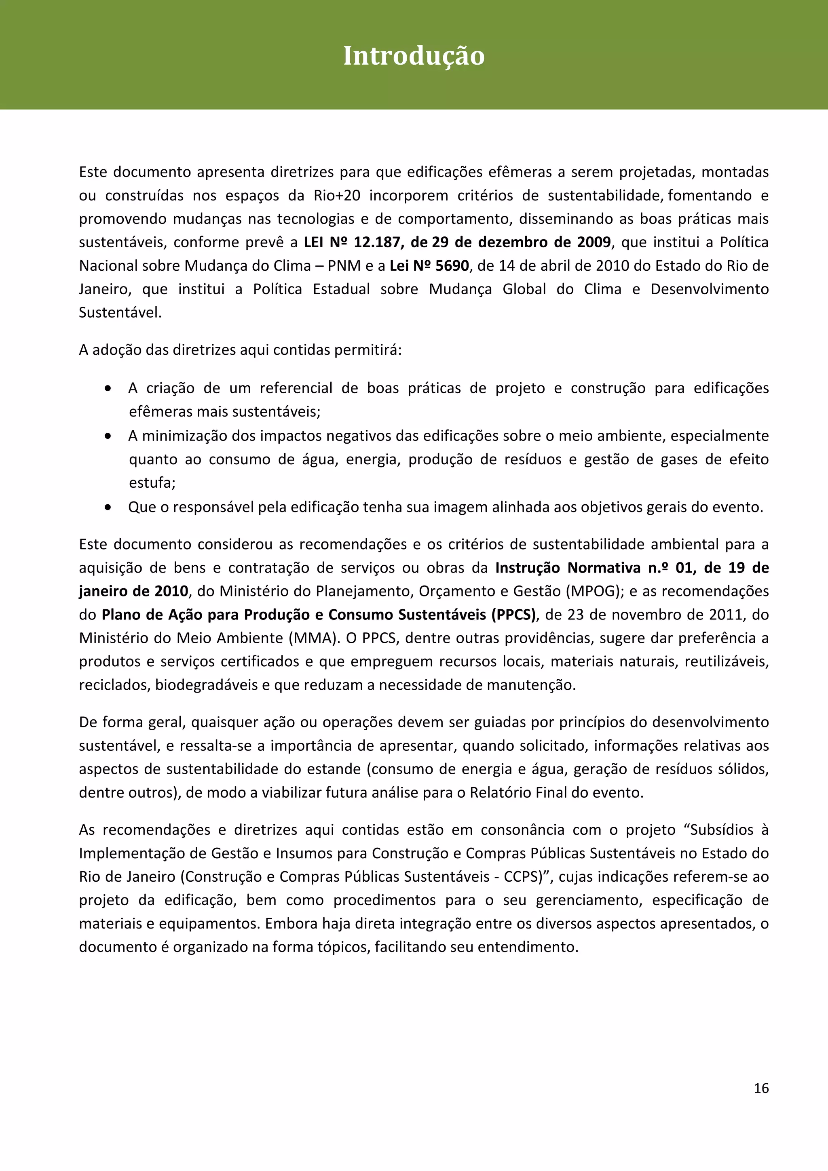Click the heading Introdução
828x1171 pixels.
pyautogui.click(x=414, y=56)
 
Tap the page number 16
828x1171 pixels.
pyautogui.click(x=760, y=1088)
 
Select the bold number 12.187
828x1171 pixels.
pyautogui.click(x=376, y=242)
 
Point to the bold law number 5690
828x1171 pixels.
pyautogui.click(x=452, y=266)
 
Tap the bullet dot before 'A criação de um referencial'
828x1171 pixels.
pyautogui.click(x=108, y=389)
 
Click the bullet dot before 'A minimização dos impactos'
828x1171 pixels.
pyautogui.click(x=108, y=436)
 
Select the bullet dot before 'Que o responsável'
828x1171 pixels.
pyautogui.click(x=108, y=508)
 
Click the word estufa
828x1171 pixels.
pyautogui.click(x=151, y=483)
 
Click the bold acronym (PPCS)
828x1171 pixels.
pyautogui.click(x=513, y=615)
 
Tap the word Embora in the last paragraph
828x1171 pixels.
pyautogui.click(x=287, y=924)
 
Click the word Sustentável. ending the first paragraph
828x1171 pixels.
pyautogui.click(x=120, y=313)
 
